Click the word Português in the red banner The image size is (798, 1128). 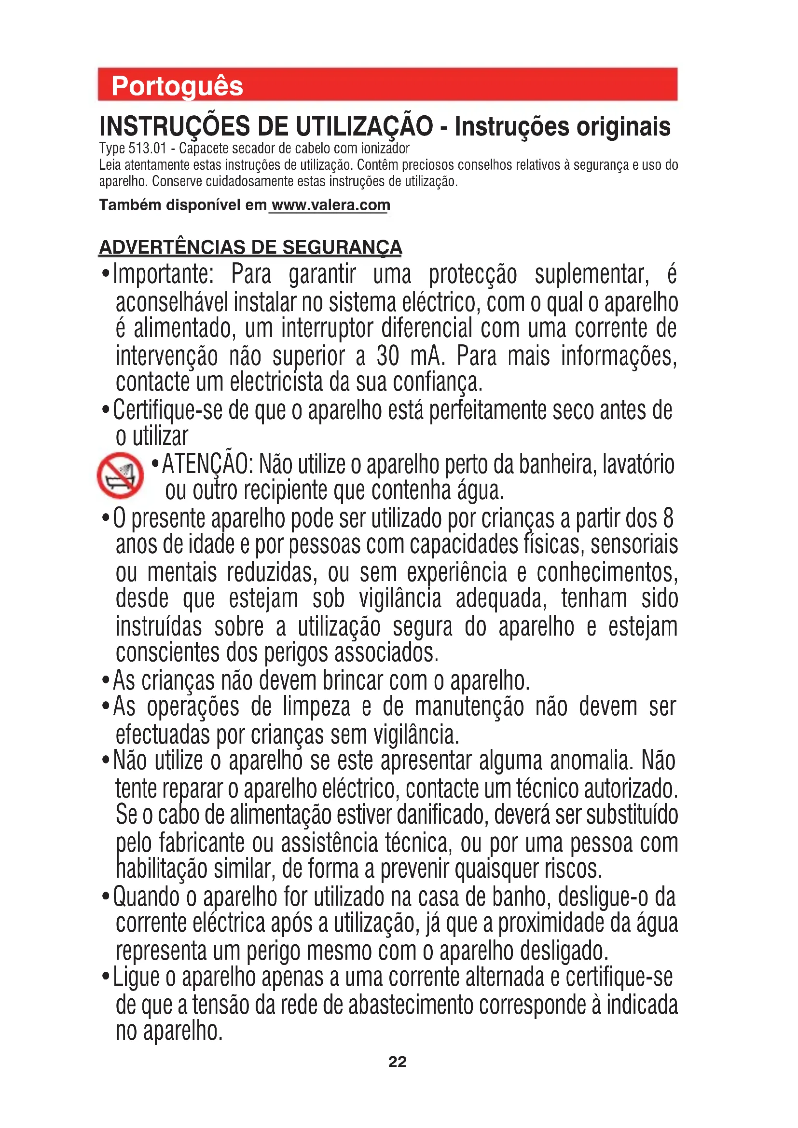[x=177, y=86]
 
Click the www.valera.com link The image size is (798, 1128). [x=330, y=205]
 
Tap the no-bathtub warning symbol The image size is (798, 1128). [x=121, y=475]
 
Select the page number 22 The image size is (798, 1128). [x=398, y=1061]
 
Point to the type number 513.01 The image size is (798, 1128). [x=148, y=149]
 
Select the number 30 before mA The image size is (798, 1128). [x=388, y=356]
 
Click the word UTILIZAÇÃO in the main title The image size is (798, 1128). [x=364, y=126]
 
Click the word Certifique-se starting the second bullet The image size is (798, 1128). [x=166, y=411]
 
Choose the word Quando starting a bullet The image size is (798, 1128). [x=146, y=897]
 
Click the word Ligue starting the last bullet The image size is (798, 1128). [x=136, y=977]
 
